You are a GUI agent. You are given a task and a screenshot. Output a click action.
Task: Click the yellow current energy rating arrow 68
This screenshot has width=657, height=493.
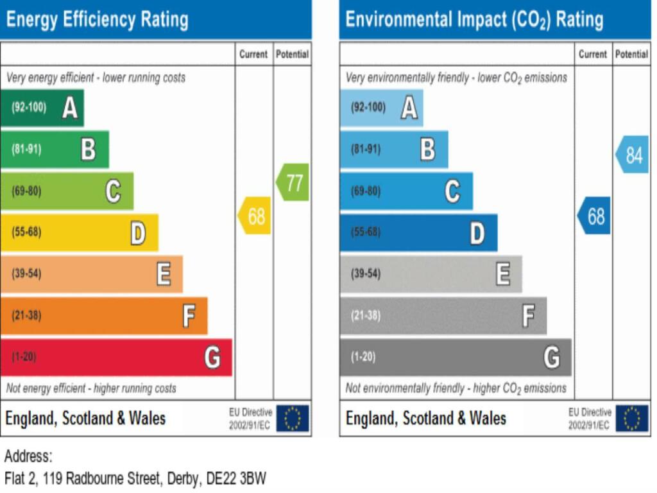click(x=254, y=216)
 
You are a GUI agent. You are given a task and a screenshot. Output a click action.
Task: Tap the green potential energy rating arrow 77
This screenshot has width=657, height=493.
click(x=293, y=182)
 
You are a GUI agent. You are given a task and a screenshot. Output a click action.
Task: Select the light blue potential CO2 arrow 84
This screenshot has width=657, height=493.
click(x=632, y=155)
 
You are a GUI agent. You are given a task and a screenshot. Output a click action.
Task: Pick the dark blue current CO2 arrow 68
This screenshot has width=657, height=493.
click(x=593, y=216)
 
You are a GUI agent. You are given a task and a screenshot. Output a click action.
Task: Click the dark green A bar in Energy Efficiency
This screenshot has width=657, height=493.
click(x=42, y=108)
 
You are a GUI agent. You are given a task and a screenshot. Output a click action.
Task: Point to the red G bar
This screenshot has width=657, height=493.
click(x=116, y=357)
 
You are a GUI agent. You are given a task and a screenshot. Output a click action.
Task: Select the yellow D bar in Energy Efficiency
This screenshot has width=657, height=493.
click(x=79, y=232)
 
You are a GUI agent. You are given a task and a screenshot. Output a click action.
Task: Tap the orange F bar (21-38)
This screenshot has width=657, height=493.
click(x=104, y=316)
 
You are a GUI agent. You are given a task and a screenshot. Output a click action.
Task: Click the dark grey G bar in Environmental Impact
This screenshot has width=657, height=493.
click(x=456, y=357)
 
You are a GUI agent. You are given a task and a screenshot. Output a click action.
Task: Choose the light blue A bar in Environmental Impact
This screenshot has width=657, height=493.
click(x=381, y=108)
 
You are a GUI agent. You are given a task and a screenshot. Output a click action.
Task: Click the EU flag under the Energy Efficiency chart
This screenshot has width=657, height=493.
click(x=293, y=418)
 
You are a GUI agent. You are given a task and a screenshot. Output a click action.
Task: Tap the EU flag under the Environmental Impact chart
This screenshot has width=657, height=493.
click(x=632, y=418)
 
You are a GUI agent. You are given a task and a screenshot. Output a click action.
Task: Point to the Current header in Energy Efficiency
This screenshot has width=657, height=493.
click(x=253, y=54)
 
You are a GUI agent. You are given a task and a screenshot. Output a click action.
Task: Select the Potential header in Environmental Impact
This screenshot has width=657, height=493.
click(x=631, y=54)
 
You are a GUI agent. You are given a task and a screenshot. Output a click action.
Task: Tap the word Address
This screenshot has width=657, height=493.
click(x=28, y=456)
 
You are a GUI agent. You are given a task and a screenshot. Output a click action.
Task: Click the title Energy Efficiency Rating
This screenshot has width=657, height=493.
click(x=98, y=20)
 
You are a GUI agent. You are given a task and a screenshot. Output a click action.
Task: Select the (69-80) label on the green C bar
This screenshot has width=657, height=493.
click(x=26, y=191)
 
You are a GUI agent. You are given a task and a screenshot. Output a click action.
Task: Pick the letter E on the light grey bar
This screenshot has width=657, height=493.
click(x=503, y=273)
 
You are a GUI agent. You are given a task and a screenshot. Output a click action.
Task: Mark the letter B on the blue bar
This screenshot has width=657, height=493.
click(x=428, y=149)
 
